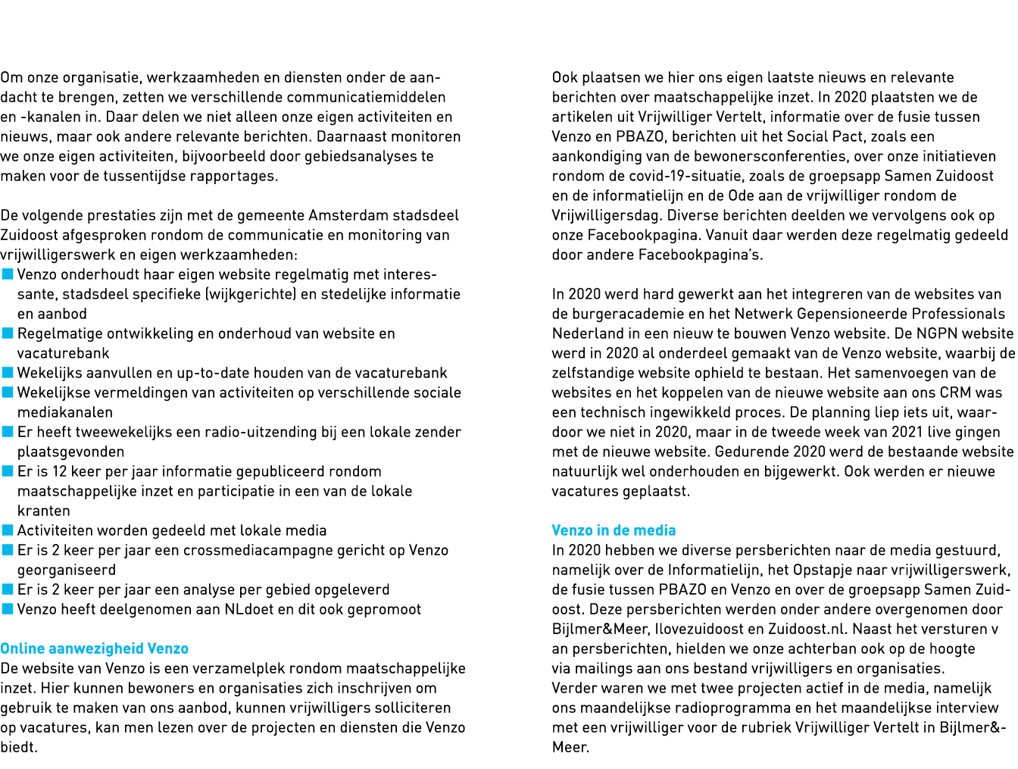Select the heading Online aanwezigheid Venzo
tap(95, 649)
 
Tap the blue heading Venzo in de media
tap(614, 530)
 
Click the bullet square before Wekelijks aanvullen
tap(8, 373)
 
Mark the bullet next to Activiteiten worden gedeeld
tap(8, 530)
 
